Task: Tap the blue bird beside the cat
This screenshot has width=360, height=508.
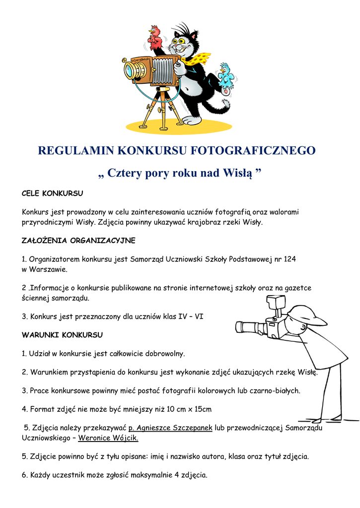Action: tap(226, 76)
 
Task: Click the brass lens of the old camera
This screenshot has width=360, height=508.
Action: tap(134, 70)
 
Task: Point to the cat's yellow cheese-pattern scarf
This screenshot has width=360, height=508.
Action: tap(198, 59)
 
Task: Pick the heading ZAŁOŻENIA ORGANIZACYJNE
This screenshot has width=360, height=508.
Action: tap(78, 241)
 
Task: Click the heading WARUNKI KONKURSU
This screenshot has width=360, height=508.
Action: tap(62, 335)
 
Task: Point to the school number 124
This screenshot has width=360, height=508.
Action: tap(290, 259)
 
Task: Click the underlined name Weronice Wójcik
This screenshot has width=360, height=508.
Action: tap(108, 439)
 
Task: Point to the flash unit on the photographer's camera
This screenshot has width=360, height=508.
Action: tap(274, 302)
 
